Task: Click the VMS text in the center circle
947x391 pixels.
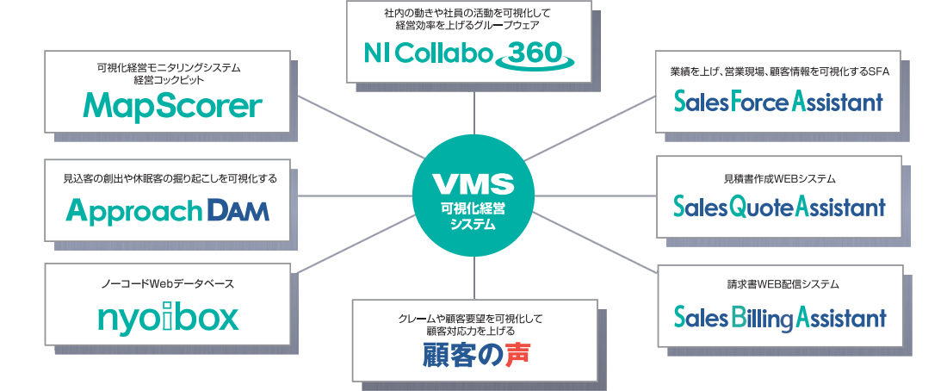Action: [473, 184]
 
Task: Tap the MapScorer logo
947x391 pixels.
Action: [172, 106]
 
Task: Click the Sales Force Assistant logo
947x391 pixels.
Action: [779, 103]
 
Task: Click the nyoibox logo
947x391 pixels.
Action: [168, 318]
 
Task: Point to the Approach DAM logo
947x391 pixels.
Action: [169, 209]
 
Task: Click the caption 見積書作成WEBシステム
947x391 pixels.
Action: [779, 179]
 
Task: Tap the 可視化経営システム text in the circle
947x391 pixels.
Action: [473, 215]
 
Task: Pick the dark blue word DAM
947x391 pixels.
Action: [238, 209]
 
